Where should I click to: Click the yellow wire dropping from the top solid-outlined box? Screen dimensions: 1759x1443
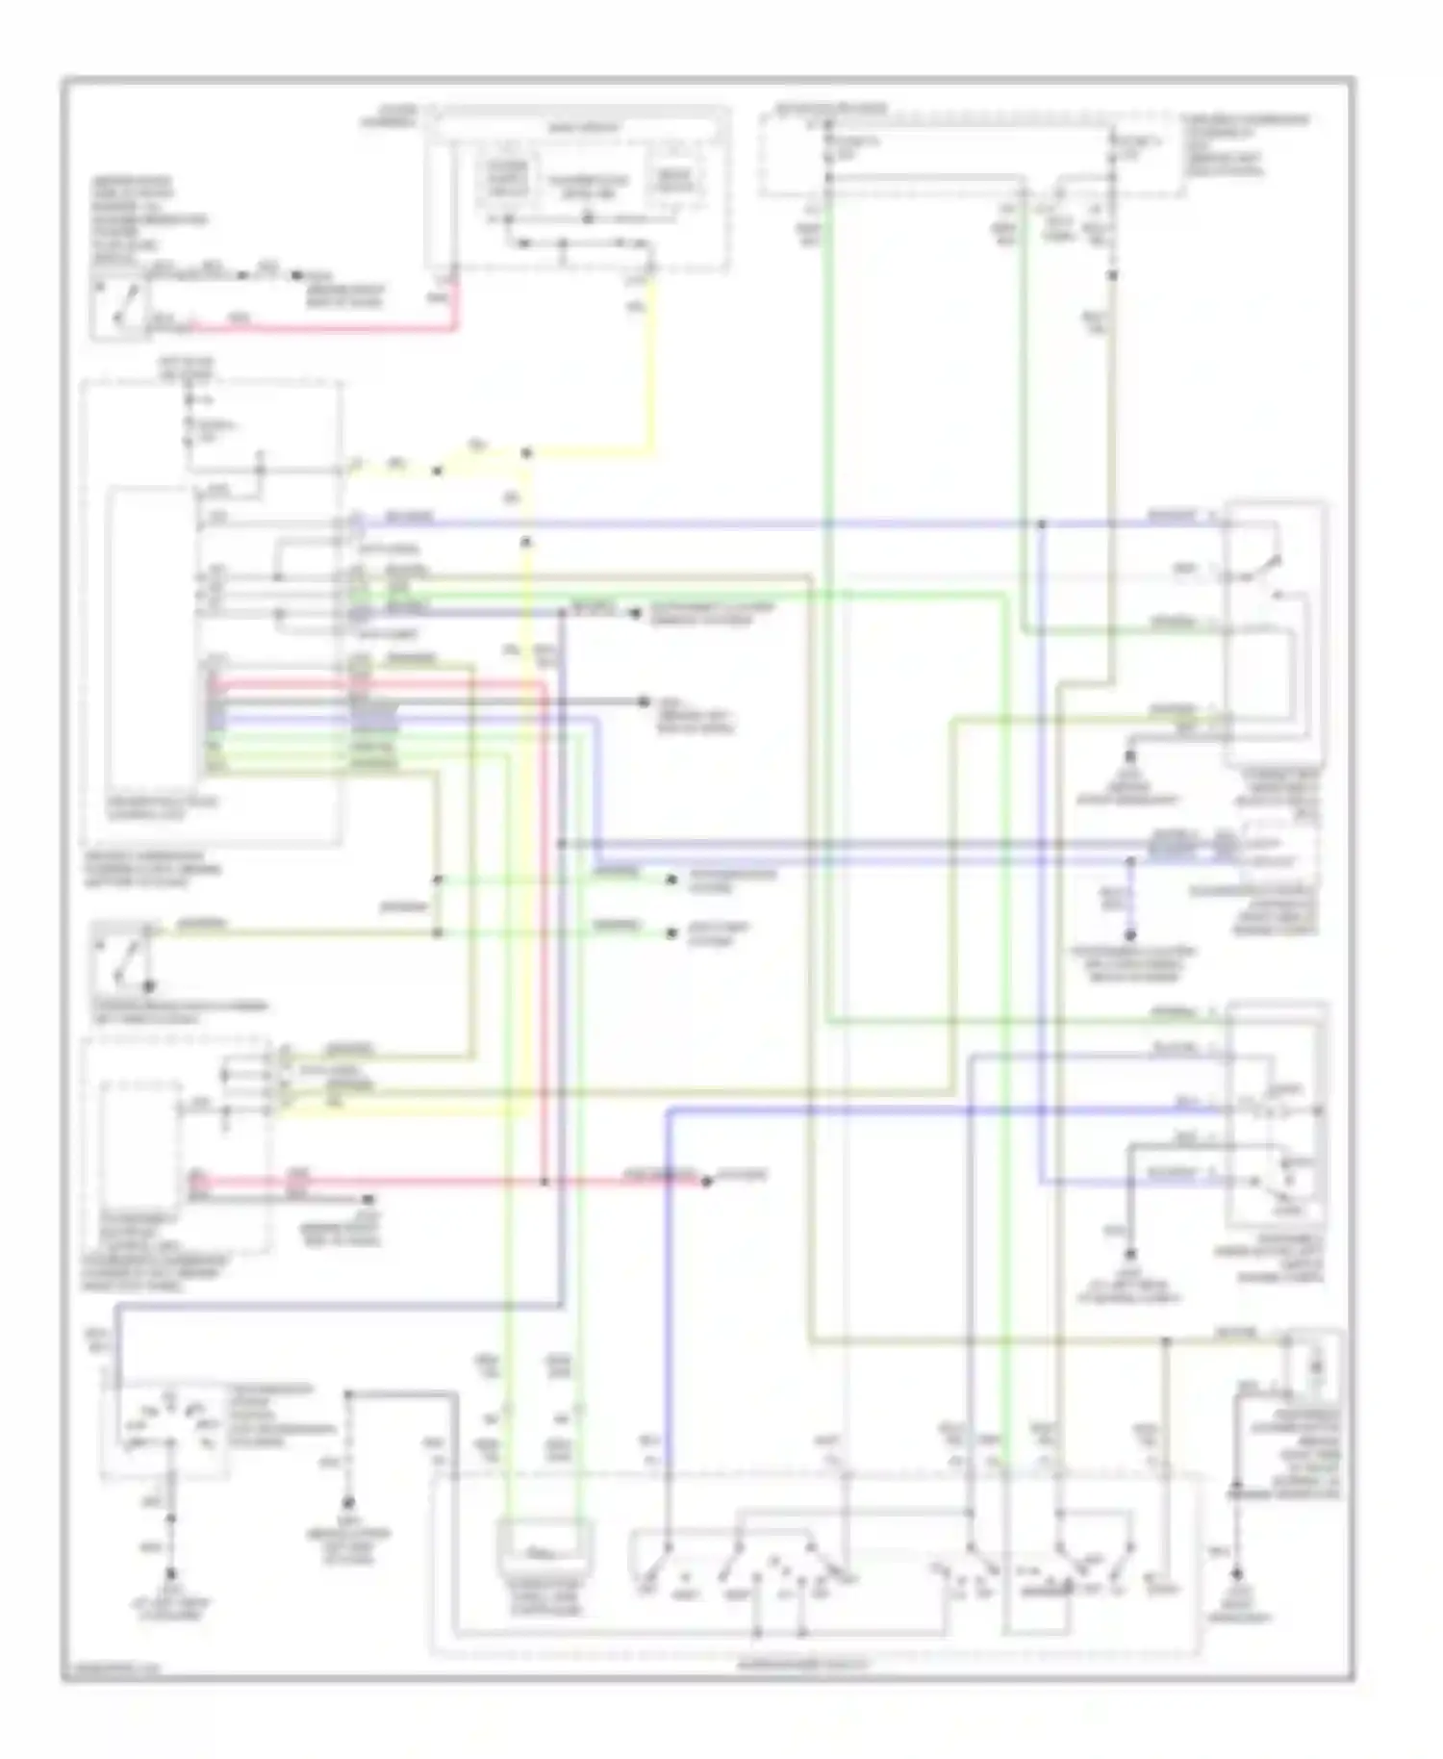pyautogui.click(x=652, y=366)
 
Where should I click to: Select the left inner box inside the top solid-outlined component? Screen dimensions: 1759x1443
pyautogui.click(x=507, y=180)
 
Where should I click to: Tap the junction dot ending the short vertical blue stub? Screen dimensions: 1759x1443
pyautogui.click(x=1131, y=934)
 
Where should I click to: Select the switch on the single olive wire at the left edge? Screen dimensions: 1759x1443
pyautogui.click(x=123, y=957)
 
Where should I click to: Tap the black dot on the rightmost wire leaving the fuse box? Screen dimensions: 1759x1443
pyautogui.click(x=1114, y=275)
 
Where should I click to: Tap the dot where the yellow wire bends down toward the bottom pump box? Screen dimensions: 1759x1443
pyautogui.click(x=526, y=452)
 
